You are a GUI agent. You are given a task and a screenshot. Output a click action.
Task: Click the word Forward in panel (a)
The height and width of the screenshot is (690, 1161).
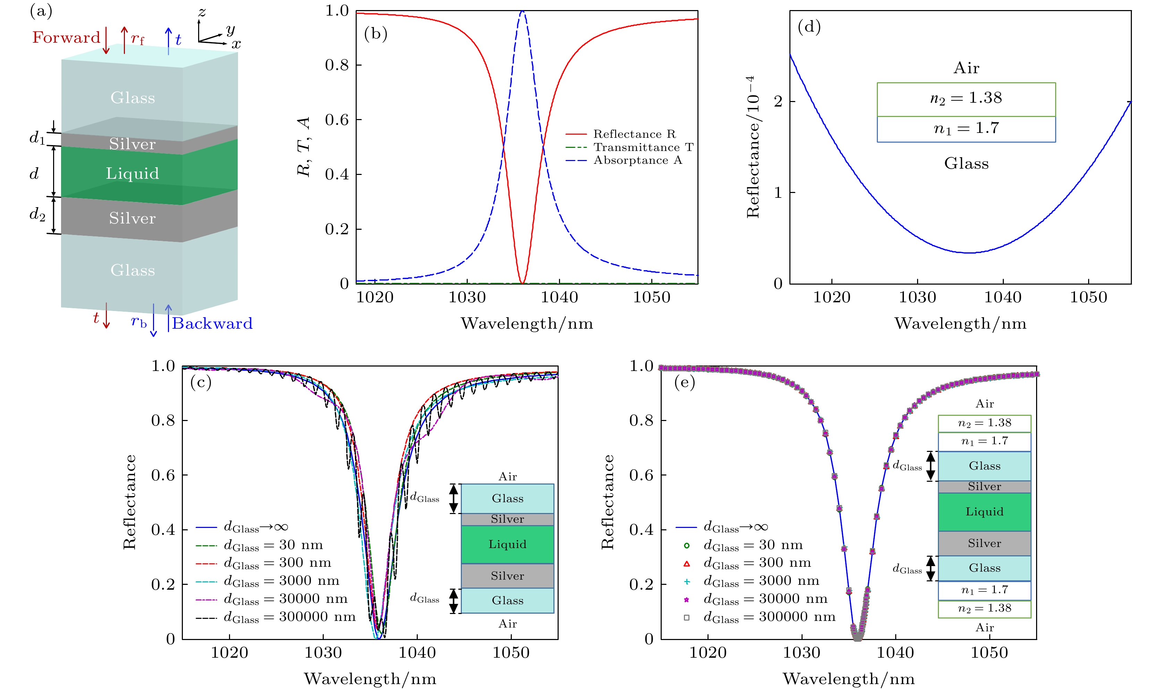coord(66,37)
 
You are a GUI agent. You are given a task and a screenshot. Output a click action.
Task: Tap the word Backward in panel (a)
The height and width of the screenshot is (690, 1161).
coord(212,323)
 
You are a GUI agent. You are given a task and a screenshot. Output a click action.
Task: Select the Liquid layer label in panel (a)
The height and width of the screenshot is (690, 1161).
coord(133,174)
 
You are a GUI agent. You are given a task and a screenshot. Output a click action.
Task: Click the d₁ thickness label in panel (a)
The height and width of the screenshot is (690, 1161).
coord(37,138)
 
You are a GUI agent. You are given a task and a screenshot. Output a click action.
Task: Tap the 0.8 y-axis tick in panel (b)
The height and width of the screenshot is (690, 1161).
coord(337,65)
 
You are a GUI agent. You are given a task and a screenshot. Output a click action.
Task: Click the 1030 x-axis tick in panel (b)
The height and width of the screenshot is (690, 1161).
coord(467,297)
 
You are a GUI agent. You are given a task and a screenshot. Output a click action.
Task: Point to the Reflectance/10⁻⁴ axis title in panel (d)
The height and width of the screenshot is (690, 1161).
coord(753,147)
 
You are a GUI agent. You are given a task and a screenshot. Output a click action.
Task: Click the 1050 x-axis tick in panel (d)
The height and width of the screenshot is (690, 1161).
coord(1088,297)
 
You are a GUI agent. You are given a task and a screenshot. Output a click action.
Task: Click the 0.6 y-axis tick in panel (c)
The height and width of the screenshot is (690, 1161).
coord(163,475)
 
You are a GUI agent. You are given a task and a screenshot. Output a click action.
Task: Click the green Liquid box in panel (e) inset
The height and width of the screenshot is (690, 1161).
coord(984,512)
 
